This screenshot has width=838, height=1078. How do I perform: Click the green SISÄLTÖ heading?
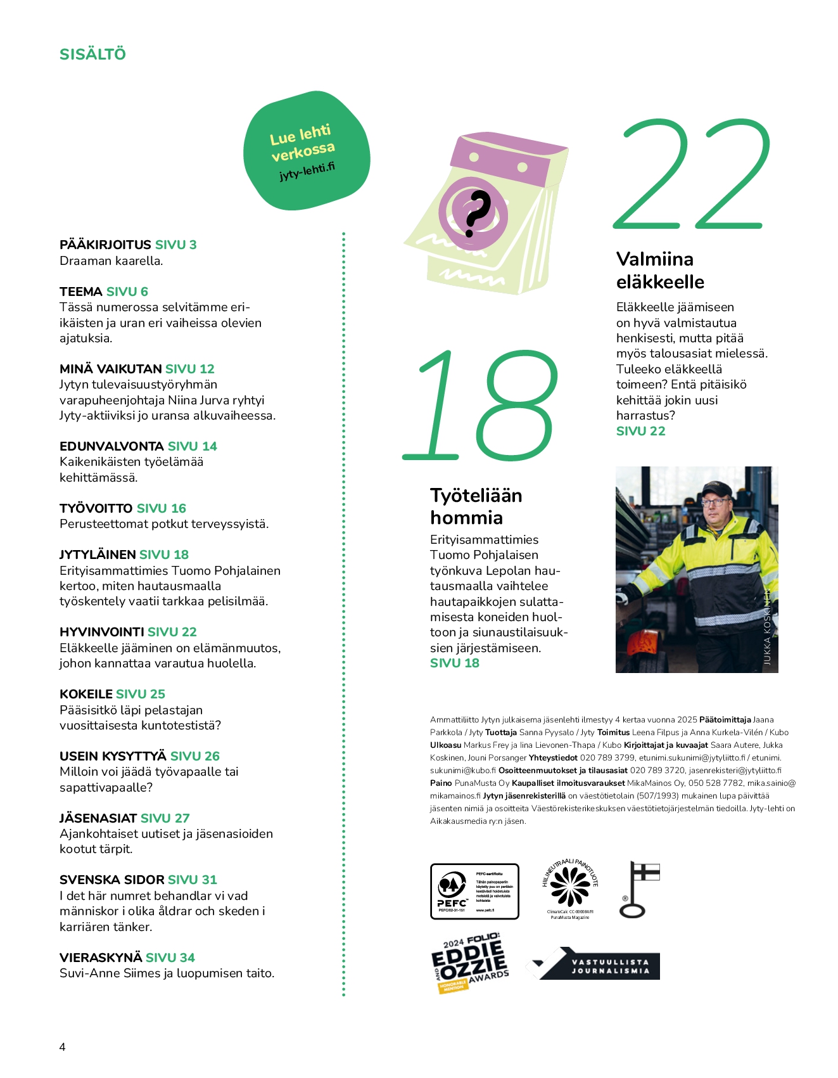point(92,55)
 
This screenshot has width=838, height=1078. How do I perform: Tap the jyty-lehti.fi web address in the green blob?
point(307,171)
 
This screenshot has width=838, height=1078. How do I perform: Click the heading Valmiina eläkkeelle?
point(660,270)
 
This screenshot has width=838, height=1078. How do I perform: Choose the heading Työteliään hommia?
point(476,506)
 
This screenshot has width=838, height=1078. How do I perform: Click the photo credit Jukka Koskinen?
point(767,627)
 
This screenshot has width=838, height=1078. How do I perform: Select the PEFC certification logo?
point(474,891)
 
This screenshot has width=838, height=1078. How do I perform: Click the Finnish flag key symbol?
point(639,889)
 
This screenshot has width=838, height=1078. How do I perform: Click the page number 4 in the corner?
point(62,1046)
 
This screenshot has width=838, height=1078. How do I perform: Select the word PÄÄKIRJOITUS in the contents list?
point(105,245)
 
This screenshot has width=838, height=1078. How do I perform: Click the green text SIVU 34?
point(170,958)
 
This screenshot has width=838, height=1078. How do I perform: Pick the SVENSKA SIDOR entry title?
point(111,880)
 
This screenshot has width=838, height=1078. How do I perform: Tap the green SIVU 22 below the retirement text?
point(640,431)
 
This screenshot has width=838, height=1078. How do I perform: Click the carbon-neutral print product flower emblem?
point(569,885)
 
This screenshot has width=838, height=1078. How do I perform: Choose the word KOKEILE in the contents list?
point(86,694)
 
